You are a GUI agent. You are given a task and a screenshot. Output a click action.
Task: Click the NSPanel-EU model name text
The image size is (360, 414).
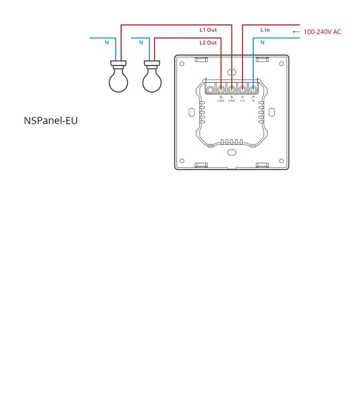pyautogui.click(x=51, y=121)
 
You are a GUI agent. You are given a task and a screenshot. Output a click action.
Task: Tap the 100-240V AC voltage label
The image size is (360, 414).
pyautogui.click(x=322, y=32)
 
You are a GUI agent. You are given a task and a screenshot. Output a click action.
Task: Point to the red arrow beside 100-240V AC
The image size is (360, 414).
pyautogui.click(x=296, y=32)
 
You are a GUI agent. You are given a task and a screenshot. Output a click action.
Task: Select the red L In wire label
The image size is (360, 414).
pyautogui.click(x=265, y=30)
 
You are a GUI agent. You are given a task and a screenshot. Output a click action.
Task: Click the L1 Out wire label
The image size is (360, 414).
pyautogui.click(x=208, y=30)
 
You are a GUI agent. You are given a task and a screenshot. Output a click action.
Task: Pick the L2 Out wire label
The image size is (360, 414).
pyautogui.click(x=208, y=42)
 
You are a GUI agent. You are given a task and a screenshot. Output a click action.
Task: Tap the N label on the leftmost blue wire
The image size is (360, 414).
pyautogui.click(x=107, y=42)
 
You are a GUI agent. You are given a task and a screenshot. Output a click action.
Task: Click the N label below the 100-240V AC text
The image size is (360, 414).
pyautogui.click(x=262, y=42)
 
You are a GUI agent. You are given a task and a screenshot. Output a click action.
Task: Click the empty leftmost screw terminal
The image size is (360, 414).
pyautogui.click(x=210, y=90)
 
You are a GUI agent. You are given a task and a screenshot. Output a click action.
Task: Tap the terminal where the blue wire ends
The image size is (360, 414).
pyautogui.click(x=253, y=90)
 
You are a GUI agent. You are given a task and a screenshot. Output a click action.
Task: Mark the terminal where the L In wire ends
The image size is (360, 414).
pyautogui.click(x=242, y=90)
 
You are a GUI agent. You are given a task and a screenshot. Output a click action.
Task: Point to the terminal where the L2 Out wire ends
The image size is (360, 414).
pyautogui.click(x=221, y=90)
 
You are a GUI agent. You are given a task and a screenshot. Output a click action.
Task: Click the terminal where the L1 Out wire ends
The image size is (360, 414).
pyautogui.click(x=232, y=90)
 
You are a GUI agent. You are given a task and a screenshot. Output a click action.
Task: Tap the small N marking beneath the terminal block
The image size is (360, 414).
pyautogui.click(x=253, y=100)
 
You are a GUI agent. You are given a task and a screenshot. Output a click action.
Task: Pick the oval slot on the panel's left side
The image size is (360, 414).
pyautogui.click(x=192, y=112)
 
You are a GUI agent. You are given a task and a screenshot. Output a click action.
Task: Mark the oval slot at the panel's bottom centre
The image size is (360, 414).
pyautogui.click(x=232, y=152)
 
